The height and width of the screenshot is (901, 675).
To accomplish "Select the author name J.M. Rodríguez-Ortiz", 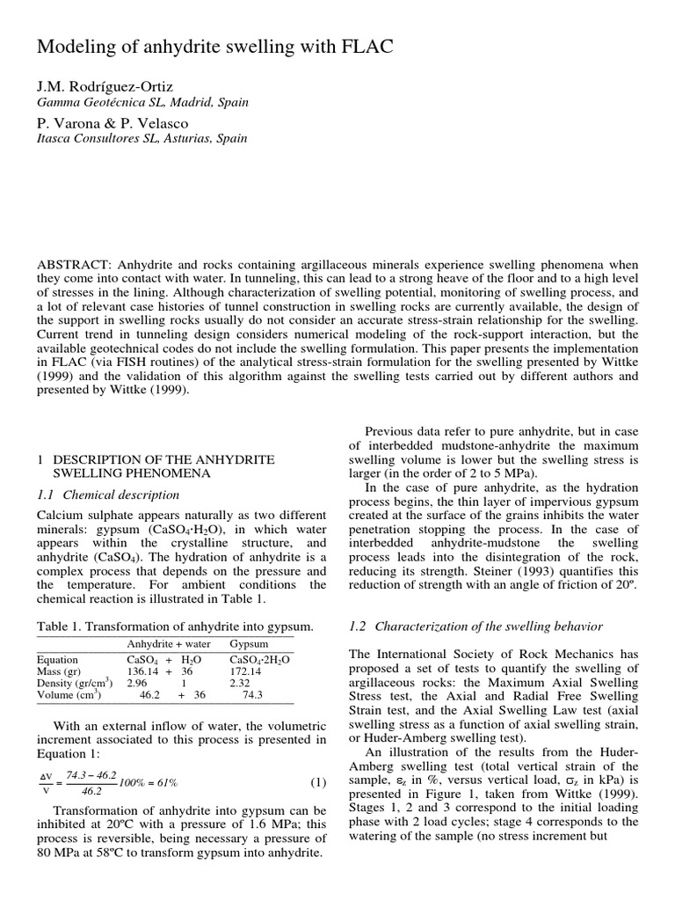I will click(105, 86).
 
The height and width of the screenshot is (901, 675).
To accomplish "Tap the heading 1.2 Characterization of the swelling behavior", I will click(475, 626).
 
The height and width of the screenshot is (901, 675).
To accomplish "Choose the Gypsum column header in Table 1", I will click(249, 644).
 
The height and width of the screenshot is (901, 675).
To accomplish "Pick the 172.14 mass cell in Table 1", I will click(247, 670).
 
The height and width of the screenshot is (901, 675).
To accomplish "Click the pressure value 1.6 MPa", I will click(250, 824).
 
